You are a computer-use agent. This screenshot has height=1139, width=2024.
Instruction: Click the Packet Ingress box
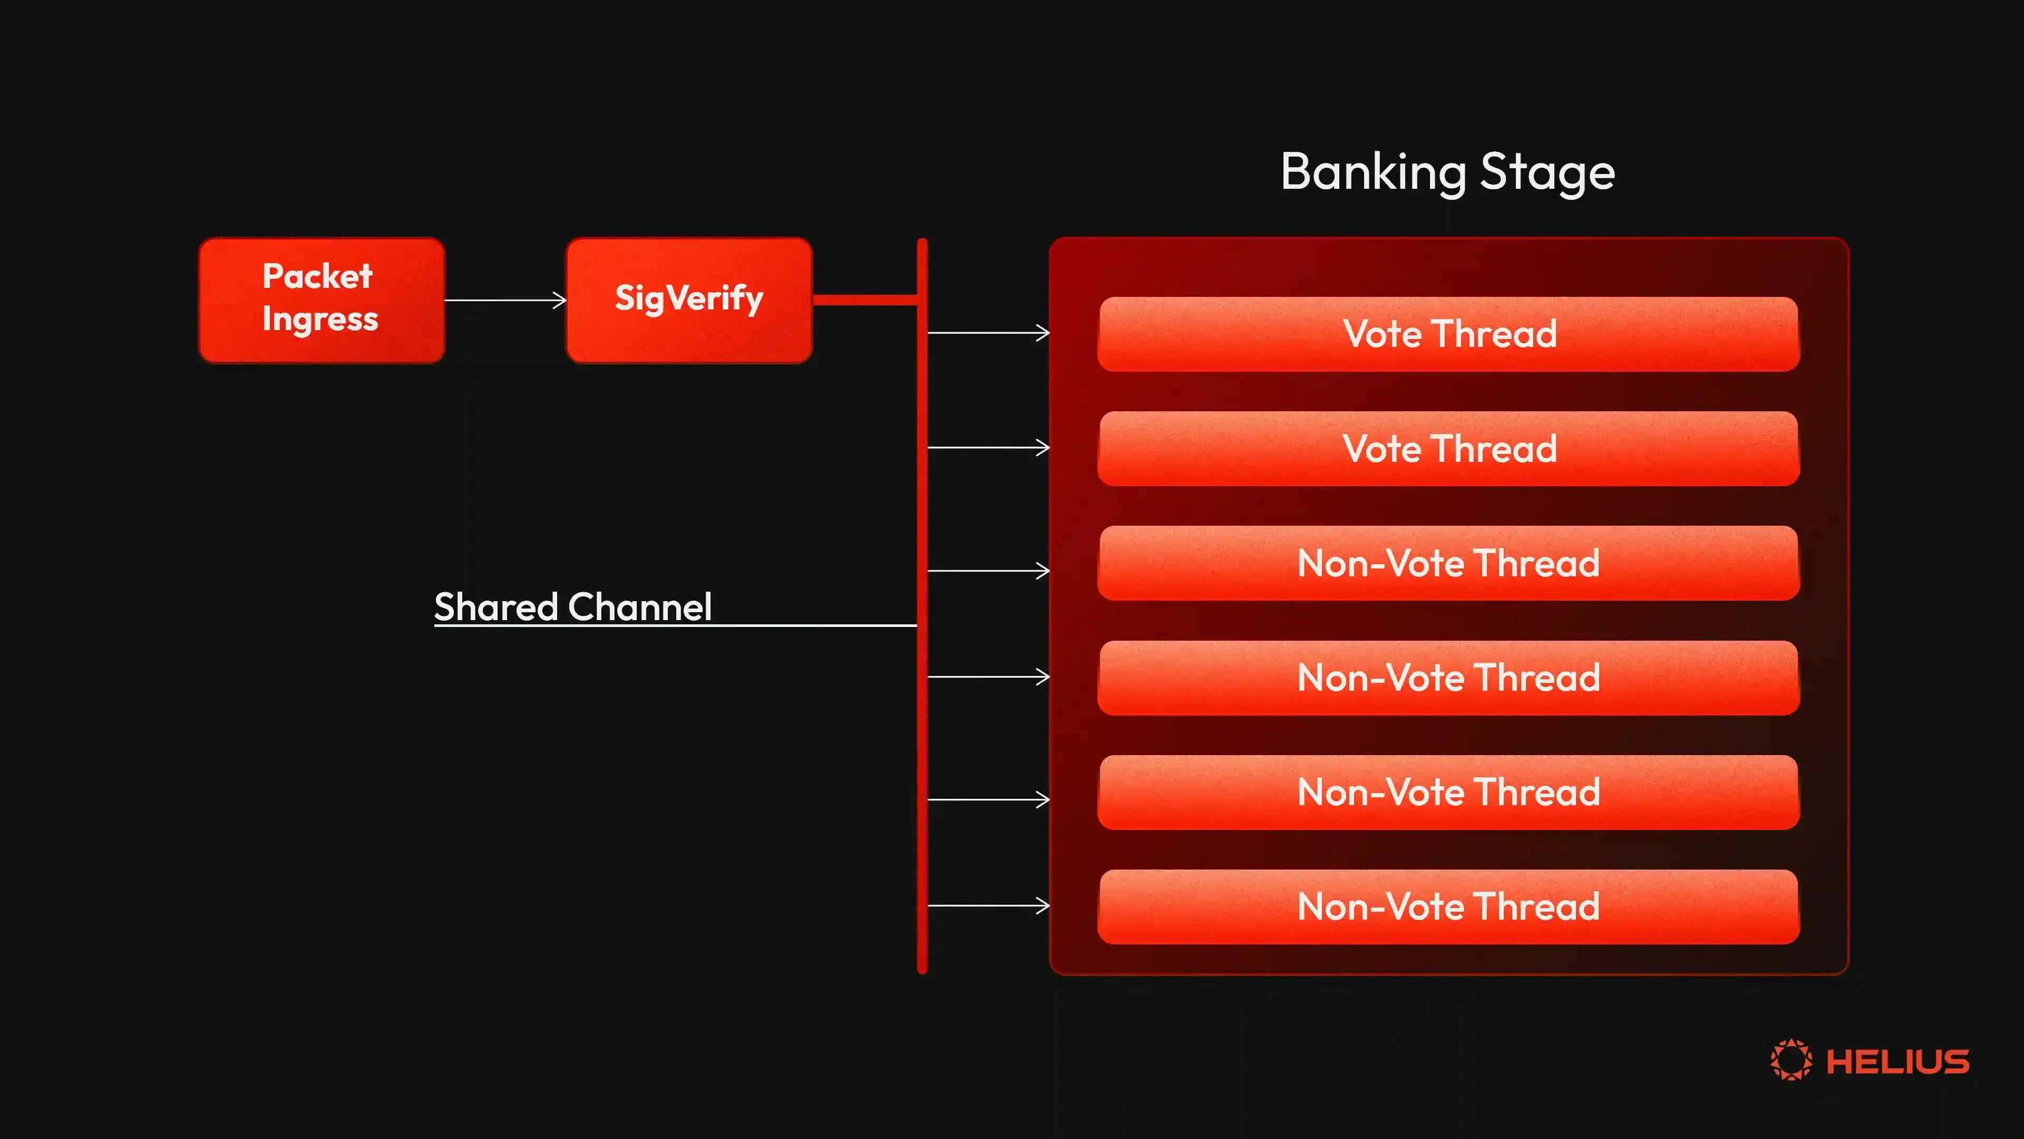pyautogui.click(x=322, y=300)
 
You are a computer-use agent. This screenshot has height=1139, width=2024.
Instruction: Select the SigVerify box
pyautogui.click(x=689, y=300)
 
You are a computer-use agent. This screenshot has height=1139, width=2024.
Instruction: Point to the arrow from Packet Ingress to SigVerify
pyautogui.click(x=505, y=300)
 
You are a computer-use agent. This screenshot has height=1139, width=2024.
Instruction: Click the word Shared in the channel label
pyautogui.click(x=496, y=607)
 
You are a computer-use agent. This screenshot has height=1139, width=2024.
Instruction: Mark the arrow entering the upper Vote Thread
pyautogui.click(x=988, y=333)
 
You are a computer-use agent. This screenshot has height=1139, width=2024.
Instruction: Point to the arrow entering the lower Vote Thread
pyautogui.click(x=988, y=447)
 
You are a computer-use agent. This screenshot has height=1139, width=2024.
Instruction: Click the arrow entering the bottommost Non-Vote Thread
pyautogui.click(x=988, y=905)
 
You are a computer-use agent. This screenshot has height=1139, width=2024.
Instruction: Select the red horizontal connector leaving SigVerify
pyautogui.click(x=865, y=300)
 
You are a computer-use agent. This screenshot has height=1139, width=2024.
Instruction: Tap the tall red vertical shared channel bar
pyautogui.click(x=922, y=606)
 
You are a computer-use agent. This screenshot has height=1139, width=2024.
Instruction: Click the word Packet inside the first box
pyautogui.click(x=317, y=276)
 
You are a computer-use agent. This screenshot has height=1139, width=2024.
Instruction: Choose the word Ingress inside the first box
pyautogui.click(x=320, y=319)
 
